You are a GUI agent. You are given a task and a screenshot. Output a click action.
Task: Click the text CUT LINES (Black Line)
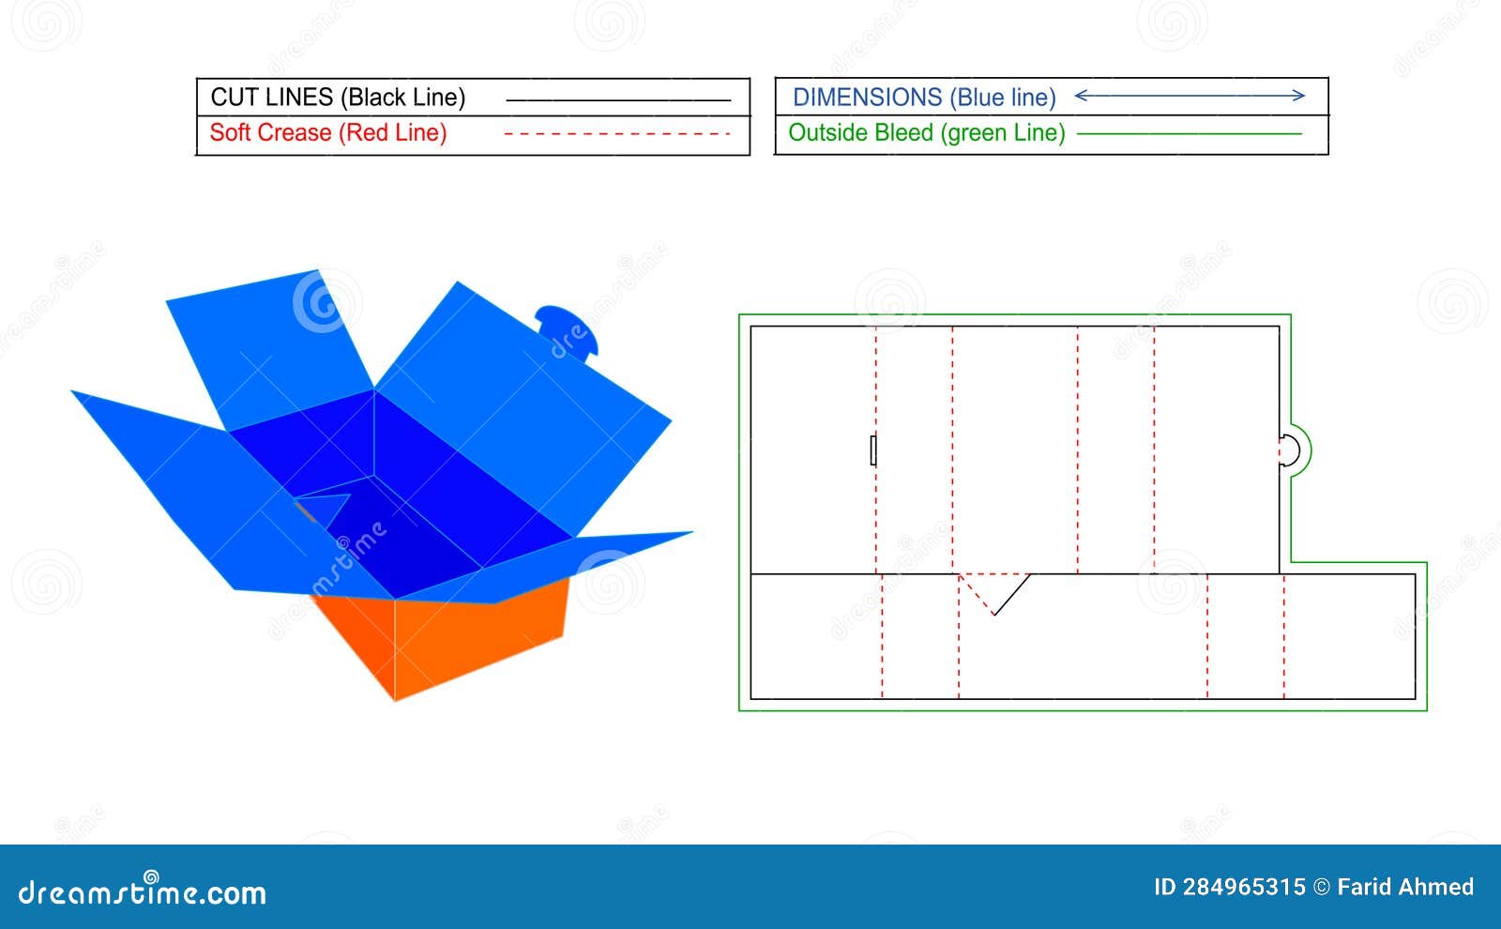pyautogui.click(x=338, y=98)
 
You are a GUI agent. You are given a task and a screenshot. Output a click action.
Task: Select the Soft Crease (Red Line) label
pyautogui.click(x=328, y=132)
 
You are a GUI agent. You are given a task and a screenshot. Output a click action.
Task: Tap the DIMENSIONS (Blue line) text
pyautogui.click(x=924, y=98)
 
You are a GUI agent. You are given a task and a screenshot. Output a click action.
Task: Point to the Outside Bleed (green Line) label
pyautogui.click(x=927, y=132)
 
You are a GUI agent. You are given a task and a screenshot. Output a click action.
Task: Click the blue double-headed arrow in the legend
pyautogui.click(x=1190, y=96)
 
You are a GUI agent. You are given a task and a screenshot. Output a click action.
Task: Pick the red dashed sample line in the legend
pyautogui.click(x=617, y=134)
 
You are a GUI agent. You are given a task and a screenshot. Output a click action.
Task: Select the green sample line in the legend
pyautogui.click(x=1189, y=134)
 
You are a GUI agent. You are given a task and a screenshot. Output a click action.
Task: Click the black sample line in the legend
pyautogui.click(x=618, y=100)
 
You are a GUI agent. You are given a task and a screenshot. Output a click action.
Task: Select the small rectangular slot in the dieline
pyautogui.click(x=873, y=450)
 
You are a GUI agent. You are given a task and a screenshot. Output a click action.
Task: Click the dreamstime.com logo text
pyautogui.click(x=142, y=891)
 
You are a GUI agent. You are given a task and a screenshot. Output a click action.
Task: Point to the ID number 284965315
pyautogui.click(x=1244, y=888)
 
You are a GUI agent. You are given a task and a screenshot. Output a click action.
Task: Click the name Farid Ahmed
pyautogui.click(x=1405, y=888)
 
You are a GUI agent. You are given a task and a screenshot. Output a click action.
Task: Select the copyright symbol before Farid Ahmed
pyautogui.click(x=1322, y=888)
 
